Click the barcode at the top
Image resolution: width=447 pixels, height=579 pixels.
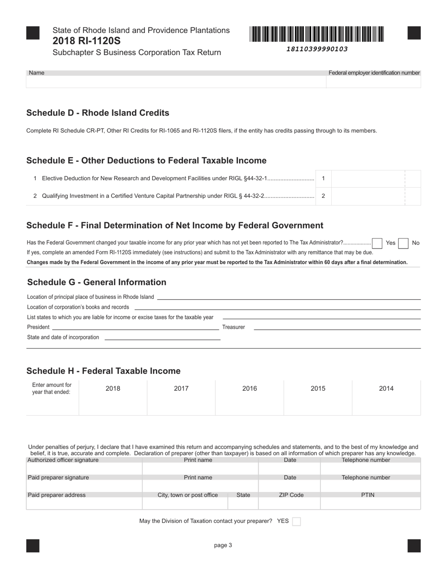317,34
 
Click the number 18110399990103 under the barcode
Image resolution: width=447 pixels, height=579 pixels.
317,49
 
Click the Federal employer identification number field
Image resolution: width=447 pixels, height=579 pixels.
373,82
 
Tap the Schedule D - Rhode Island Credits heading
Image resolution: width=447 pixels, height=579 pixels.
97,113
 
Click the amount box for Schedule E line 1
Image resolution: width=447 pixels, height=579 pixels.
367,179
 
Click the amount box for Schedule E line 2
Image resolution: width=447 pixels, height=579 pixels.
367,196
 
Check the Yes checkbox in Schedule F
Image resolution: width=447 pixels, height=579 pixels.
377,243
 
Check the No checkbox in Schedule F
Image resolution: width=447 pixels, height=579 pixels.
403,243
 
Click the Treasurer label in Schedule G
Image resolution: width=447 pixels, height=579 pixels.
233,327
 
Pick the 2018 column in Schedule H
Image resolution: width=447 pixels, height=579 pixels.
113,398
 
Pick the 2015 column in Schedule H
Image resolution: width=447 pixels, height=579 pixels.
318,398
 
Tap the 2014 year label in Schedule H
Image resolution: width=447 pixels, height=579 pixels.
386,388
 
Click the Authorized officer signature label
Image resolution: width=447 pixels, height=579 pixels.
63,460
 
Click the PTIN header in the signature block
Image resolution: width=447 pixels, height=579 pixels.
367,495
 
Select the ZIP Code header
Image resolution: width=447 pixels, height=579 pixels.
290,495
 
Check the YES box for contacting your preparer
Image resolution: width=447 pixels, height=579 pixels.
296,521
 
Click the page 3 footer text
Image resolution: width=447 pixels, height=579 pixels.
223,545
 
